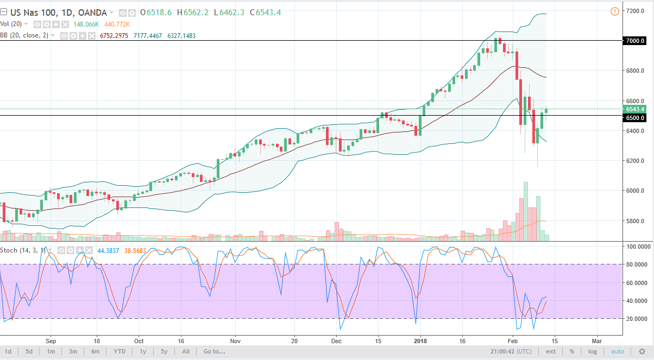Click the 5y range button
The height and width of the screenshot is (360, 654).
pyautogui.click(x=164, y=351)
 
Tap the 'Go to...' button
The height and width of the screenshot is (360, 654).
pyautogui.click(x=214, y=351)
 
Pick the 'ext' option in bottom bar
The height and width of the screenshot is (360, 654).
pyautogui.click(x=551, y=351)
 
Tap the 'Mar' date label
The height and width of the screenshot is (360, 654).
pyautogui.click(x=596, y=341)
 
